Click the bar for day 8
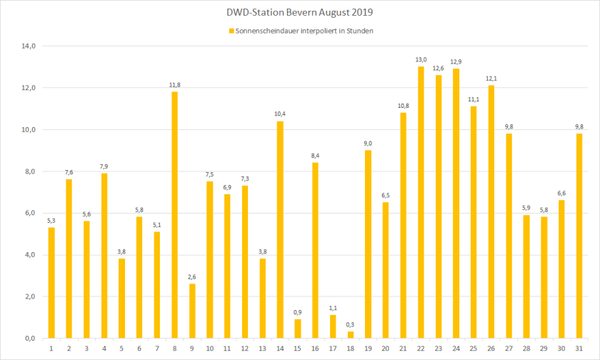174,214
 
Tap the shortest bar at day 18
351,335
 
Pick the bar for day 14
280,229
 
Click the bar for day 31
579,236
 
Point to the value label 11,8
174,85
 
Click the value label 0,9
298,312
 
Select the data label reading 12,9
456,61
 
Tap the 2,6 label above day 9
192,277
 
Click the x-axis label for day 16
315,348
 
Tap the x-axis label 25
474,348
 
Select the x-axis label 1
51,348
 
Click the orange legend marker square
231,31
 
